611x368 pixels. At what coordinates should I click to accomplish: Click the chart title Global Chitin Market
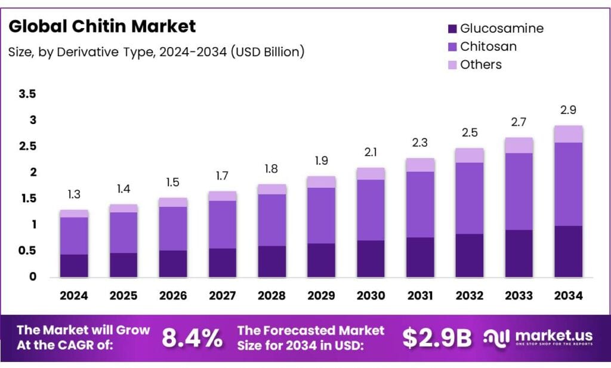(x=102, y=26)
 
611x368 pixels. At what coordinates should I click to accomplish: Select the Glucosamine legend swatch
(x=452, y=28)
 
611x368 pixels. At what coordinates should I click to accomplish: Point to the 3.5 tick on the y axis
(x=27, y=94)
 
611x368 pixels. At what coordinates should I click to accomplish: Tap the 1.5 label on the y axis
(x=27, y=199)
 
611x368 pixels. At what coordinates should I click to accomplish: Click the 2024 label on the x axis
(x=74, y=295)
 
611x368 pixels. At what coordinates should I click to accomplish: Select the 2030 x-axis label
(x=371, y=295)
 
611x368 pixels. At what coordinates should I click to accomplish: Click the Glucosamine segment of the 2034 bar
(x=568, y=251)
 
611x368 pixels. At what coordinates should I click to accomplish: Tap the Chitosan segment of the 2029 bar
(x=321, y=215)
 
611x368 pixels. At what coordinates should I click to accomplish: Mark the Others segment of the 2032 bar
(x=469, y=155)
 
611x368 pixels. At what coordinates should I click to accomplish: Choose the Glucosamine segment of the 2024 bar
(x=74, y=265)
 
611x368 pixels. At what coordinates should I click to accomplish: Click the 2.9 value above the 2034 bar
(x=568, y=110)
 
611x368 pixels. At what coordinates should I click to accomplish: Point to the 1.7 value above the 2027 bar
(x=222, y=176)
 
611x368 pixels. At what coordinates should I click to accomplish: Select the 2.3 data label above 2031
(x=419, y=143)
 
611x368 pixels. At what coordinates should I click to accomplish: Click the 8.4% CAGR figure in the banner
(x=192, y=338)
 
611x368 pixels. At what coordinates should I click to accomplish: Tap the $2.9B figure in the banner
(x=437, y=338)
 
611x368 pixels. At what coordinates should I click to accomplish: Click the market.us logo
(x=537, y=338)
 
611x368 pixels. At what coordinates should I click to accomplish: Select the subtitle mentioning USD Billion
(x=156, y=52)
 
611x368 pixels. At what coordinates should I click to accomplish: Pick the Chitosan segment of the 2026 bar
(x=173, y=228)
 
